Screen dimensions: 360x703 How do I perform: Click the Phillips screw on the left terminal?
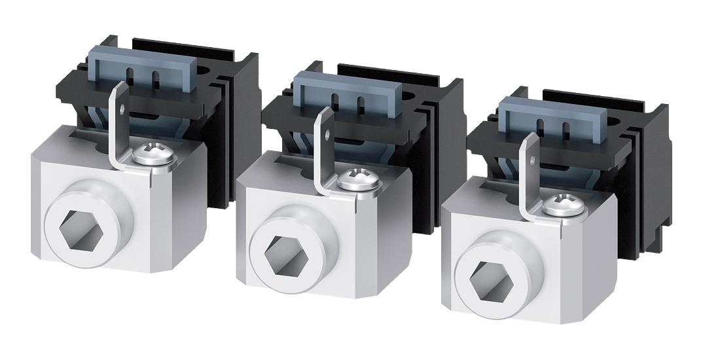(x=143, y=156)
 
